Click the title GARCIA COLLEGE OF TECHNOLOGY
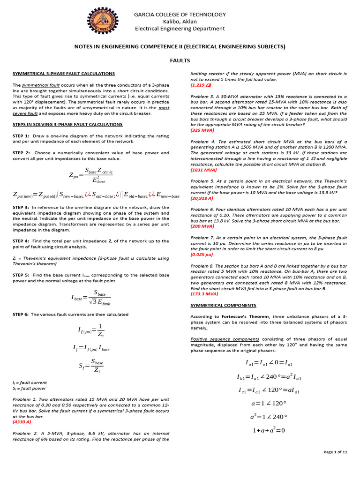tap(180, 15)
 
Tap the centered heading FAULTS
tap(180, 61)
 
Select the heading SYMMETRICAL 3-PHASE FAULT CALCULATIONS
tap(63, 74)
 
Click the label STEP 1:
tap(21, 136)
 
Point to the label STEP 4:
tap(21, 241)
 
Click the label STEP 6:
tap(21, 314)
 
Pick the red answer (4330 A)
tap(22, 422)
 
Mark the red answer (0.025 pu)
tap(202, 255)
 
